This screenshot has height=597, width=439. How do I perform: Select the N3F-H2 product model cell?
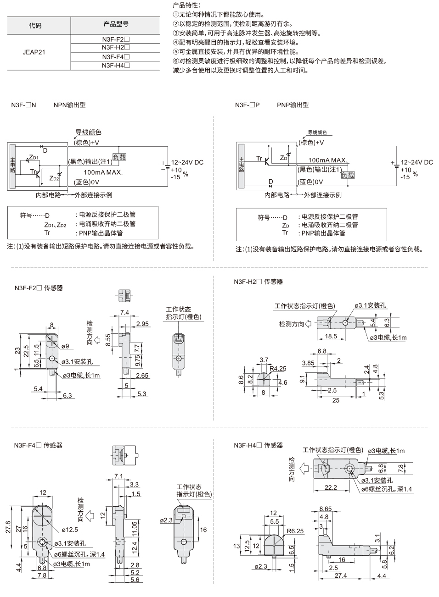tap(116, 47)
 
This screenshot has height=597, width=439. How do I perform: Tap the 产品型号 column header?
tap(116, 24)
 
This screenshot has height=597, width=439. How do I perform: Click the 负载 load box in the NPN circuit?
tap(119, 157)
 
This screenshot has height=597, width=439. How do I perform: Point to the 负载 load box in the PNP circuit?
tap(348, 175)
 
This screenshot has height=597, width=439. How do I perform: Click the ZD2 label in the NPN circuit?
tap(54, 178)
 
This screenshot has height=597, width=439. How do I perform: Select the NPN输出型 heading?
tap(69, 105)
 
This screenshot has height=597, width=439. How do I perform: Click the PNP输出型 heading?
tap(293, 105)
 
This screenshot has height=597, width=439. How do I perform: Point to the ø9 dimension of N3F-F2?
tap(65, 346)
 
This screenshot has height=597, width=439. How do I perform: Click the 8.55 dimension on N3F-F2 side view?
tap(108, 340)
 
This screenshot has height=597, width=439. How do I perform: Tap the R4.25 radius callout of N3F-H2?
tap(278, 369)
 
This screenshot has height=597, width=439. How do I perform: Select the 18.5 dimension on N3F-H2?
tap(331, 337)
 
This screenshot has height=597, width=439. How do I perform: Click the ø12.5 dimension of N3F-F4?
tap(70, 530)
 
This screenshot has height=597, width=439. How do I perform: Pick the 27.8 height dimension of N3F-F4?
tap(8, 527)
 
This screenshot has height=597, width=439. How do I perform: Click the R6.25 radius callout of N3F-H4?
tap(295, 531)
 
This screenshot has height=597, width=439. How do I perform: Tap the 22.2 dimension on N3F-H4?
tap(331, 487)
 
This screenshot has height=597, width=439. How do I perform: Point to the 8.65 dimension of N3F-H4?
tap(326, 509)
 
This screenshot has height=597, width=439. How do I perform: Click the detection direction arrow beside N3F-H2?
tap(308, 324)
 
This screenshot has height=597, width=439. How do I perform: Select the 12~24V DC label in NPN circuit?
tap(187, 162)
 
